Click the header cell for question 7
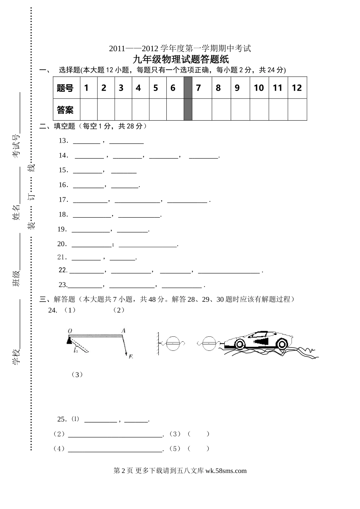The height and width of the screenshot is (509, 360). (198, 88)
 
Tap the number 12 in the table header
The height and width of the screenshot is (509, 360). (297, 88)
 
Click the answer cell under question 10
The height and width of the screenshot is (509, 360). (259, 110)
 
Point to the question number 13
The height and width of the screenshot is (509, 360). (63, 141)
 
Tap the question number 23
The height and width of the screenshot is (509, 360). (63, 285)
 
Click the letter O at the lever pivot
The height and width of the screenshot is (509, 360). (70, 331)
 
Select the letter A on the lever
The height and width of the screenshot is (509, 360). (123, 330)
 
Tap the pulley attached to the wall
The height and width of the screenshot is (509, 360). (173, 344)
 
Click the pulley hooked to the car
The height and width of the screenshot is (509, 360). (208, 344)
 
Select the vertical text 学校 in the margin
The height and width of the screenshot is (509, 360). (16, 357)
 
